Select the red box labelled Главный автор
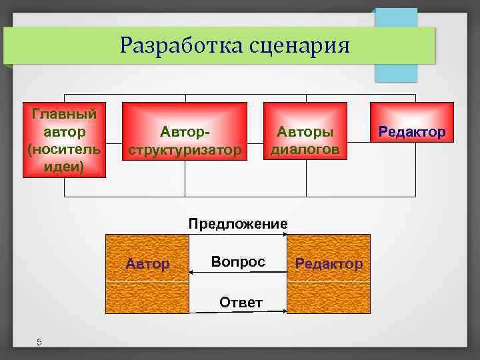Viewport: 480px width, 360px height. (64, 139)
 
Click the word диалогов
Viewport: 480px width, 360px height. (305, 149)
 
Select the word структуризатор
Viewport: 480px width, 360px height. (185, 149)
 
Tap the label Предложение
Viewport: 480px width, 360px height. (238, 223)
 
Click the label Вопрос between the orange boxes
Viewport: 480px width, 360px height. (238, 262)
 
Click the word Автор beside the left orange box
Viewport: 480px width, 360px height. (147, 264)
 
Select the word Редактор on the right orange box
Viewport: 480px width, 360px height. (329, 264)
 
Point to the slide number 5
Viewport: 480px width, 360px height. (39, 342)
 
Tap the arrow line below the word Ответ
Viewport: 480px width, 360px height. (238, 311)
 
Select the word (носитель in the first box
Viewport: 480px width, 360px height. (64, 148)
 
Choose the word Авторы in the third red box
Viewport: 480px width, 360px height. (305, 132)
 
